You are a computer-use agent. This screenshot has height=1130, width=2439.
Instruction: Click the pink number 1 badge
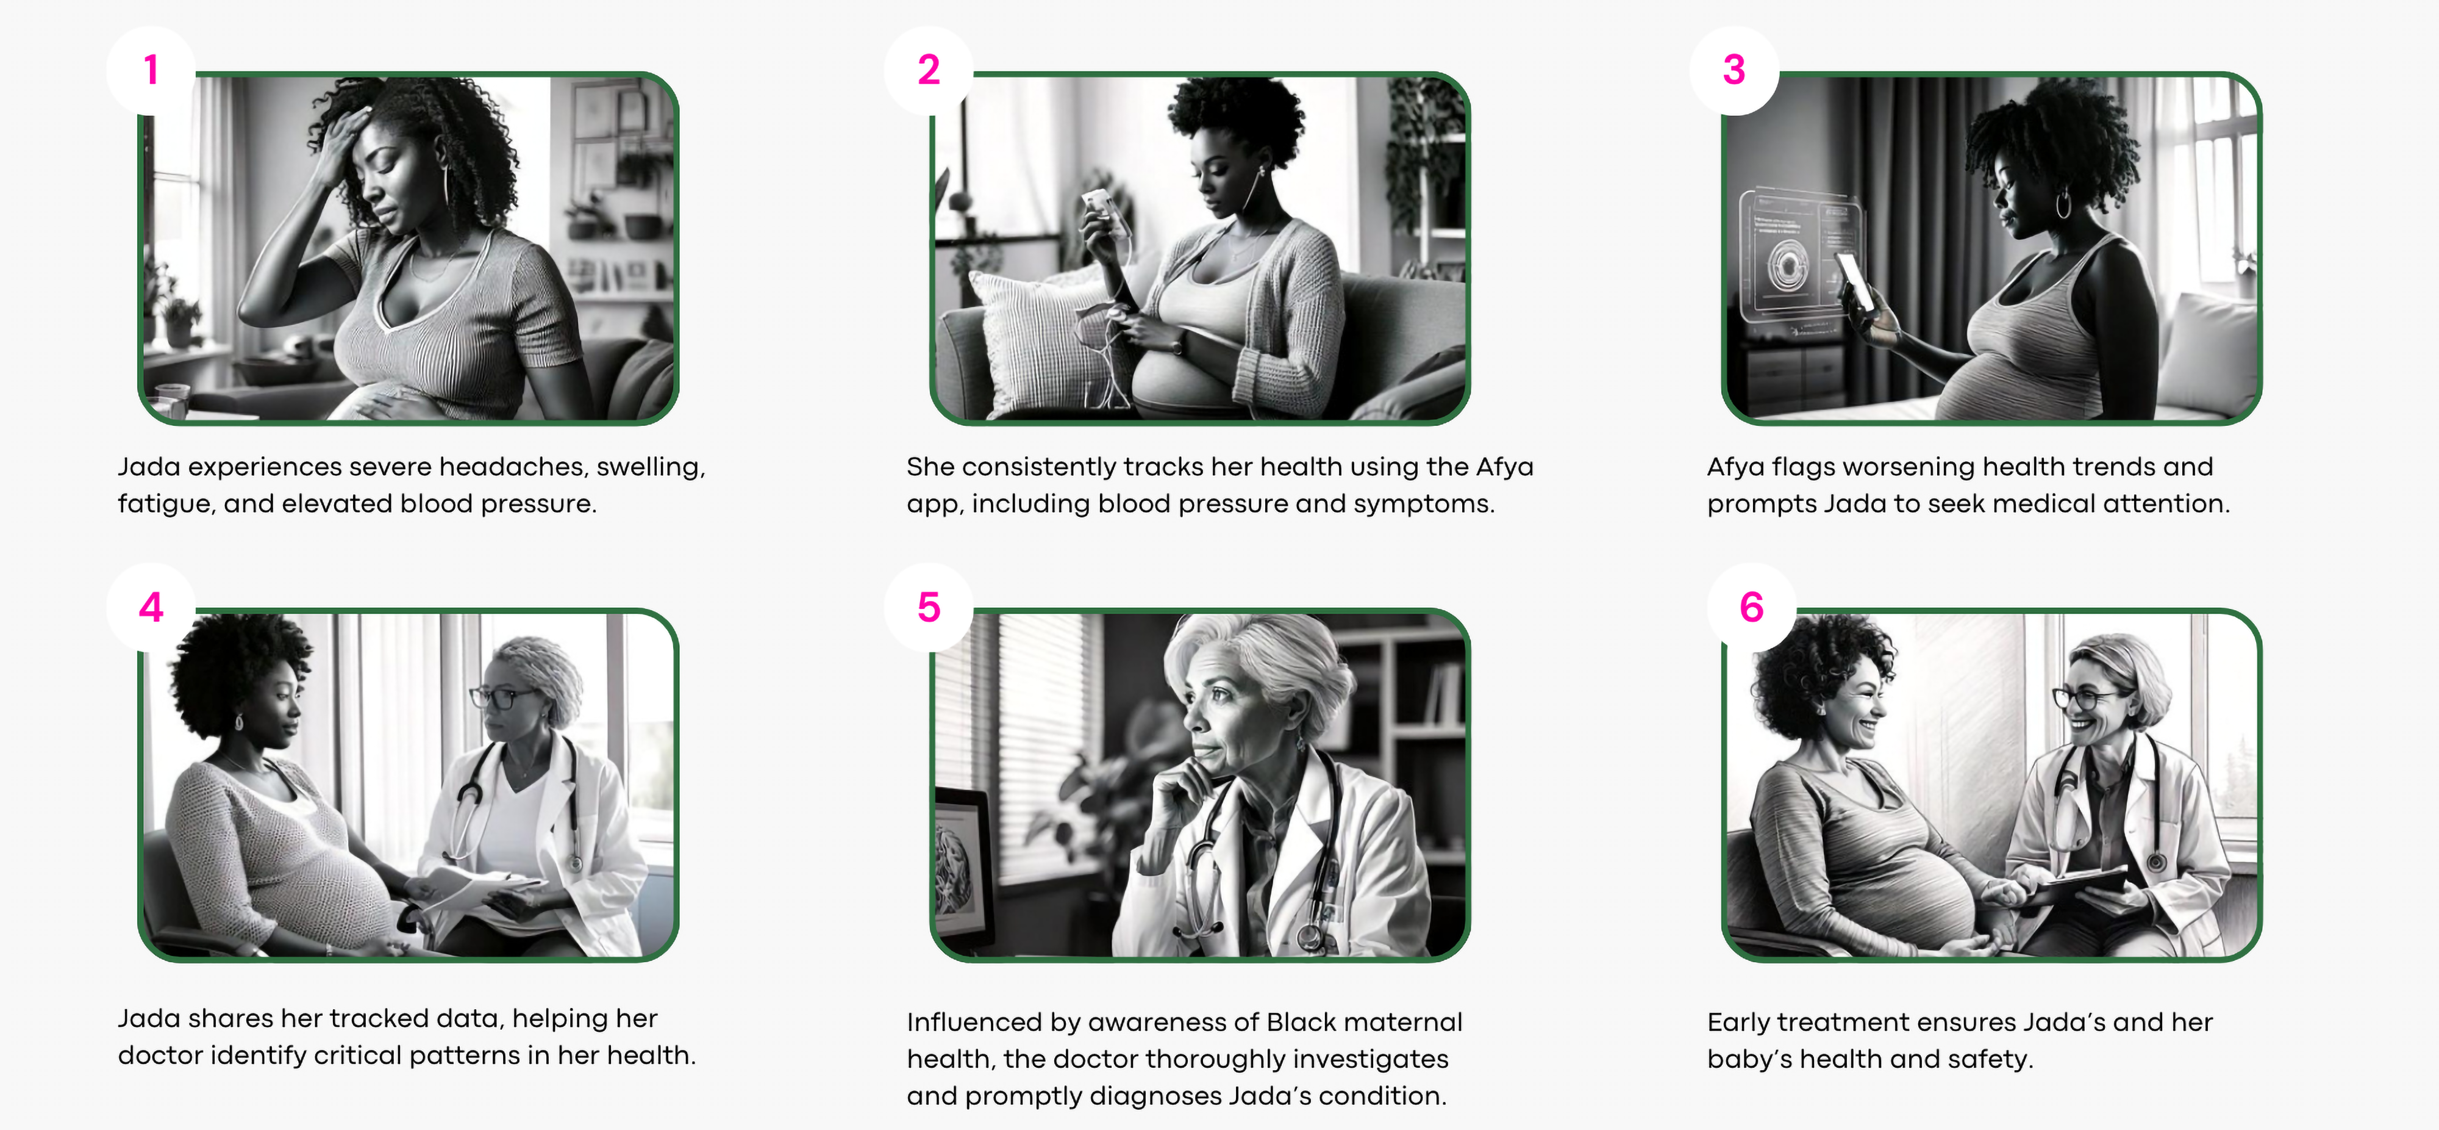tap(151, 70)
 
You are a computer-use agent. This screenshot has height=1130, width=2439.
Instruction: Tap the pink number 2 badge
tap(929, 70)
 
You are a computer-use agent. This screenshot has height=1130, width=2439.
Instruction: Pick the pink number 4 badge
tap(151, 607)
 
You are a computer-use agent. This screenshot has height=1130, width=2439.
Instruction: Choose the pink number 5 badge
tap(929, 607)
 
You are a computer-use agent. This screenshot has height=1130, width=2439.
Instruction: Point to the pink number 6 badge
tap(1752, 607)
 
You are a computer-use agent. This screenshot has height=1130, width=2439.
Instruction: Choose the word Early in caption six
tap(1738, 1022)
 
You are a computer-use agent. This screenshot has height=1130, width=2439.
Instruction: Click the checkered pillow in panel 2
tap(1037, 341)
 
